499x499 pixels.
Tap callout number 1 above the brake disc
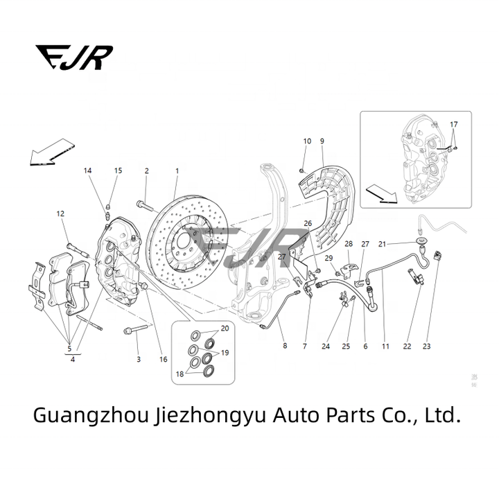tap(177, 170)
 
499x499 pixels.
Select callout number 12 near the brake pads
tap(60, 213)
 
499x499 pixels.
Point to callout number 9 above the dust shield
tap(322, 141)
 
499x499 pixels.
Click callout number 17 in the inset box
tap(454, 125)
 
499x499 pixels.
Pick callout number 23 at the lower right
tap(426, 346)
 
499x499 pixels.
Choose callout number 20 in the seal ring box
tap(225, 328)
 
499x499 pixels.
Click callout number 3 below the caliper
tap(138, 359)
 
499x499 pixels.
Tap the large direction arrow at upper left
tap(51, 155)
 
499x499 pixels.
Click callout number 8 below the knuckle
tap(283, 345)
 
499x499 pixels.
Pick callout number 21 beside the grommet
tap(382, 244)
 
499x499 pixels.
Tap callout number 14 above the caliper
tap(88, 170)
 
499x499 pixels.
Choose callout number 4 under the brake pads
tap(72, 359)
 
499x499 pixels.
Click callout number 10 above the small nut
tap(307, 141)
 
